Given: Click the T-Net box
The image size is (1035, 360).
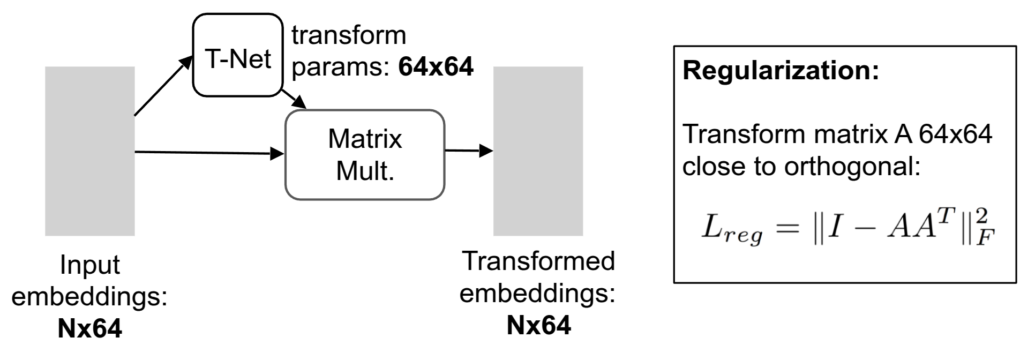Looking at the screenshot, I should (238, 56).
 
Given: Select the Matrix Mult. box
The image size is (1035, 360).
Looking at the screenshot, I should (365, 155).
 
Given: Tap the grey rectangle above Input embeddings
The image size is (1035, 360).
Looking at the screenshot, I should (89, 151).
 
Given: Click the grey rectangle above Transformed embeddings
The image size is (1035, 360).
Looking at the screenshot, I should (538, 151).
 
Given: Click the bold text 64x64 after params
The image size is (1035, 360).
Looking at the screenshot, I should (436, 67).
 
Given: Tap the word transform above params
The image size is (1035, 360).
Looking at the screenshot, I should (349, 36).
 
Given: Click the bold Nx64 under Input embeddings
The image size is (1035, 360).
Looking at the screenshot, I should (89, 329).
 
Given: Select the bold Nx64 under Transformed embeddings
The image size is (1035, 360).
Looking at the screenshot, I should (538, 325).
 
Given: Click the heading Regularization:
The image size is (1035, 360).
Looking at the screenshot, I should (781, 71).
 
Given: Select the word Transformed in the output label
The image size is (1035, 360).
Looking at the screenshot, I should (538, 261).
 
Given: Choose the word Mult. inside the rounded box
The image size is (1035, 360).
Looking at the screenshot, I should (365, 171).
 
